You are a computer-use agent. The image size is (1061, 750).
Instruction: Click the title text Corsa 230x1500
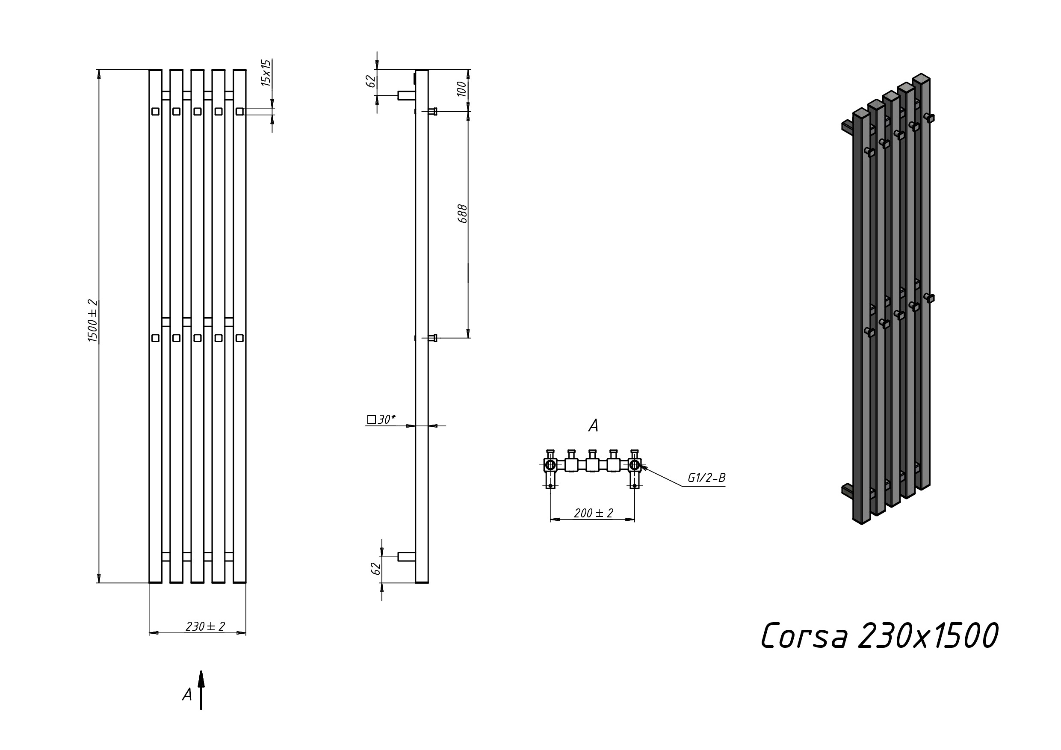point(879,636)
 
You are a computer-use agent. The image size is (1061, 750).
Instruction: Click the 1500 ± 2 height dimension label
point(93,321)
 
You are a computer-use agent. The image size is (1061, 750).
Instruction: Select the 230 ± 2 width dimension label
point(205,626)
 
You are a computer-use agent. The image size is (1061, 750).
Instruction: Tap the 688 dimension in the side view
point(462,214)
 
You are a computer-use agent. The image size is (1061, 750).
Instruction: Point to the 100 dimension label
point(461,89)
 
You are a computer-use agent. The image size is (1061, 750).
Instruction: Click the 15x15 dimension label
point(266,73)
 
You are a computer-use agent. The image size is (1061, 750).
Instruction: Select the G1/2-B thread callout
point(706,478)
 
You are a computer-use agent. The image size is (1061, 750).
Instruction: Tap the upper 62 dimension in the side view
point(371,81)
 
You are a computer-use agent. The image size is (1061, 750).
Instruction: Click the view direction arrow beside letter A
point(201,690)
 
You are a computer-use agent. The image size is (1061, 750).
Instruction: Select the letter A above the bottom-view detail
point(593,425)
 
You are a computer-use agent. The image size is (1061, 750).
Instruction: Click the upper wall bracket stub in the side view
point(407,96)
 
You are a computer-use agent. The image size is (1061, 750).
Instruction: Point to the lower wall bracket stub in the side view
point(407,557)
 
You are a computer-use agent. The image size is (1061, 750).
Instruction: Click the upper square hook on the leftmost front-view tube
point(155,111)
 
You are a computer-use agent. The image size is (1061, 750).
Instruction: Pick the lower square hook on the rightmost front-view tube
point(239,338)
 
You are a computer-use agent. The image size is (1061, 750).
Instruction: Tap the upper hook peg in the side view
point(432,111)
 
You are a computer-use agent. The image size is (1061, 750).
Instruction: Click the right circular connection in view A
point(635,464)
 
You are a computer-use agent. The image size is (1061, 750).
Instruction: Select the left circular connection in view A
point(550,464)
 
